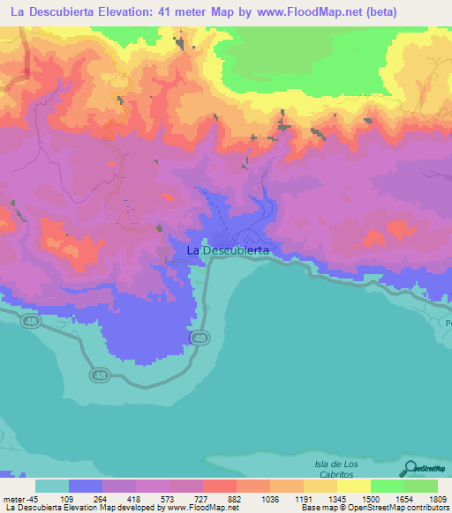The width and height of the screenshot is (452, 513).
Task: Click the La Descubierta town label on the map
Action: [228, 251]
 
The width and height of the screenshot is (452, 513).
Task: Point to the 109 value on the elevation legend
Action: [86, 498]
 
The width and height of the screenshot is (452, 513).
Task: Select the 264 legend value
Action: [119, 498]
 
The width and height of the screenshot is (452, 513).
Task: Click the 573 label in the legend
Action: [186, 498]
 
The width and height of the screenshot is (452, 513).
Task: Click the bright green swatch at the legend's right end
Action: [420, 486]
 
